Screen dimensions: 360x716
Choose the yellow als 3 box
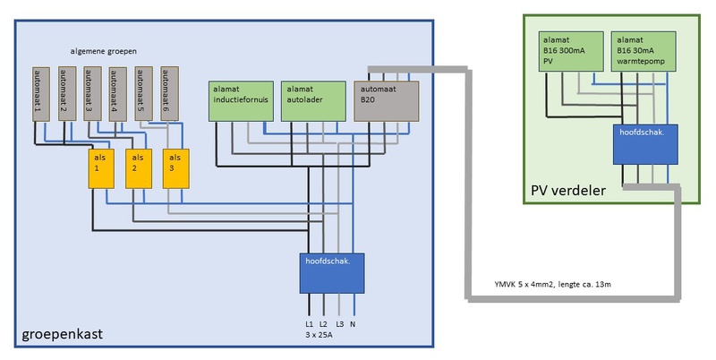[x=176, y=167]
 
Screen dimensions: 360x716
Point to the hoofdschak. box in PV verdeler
[x=644, y=144]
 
